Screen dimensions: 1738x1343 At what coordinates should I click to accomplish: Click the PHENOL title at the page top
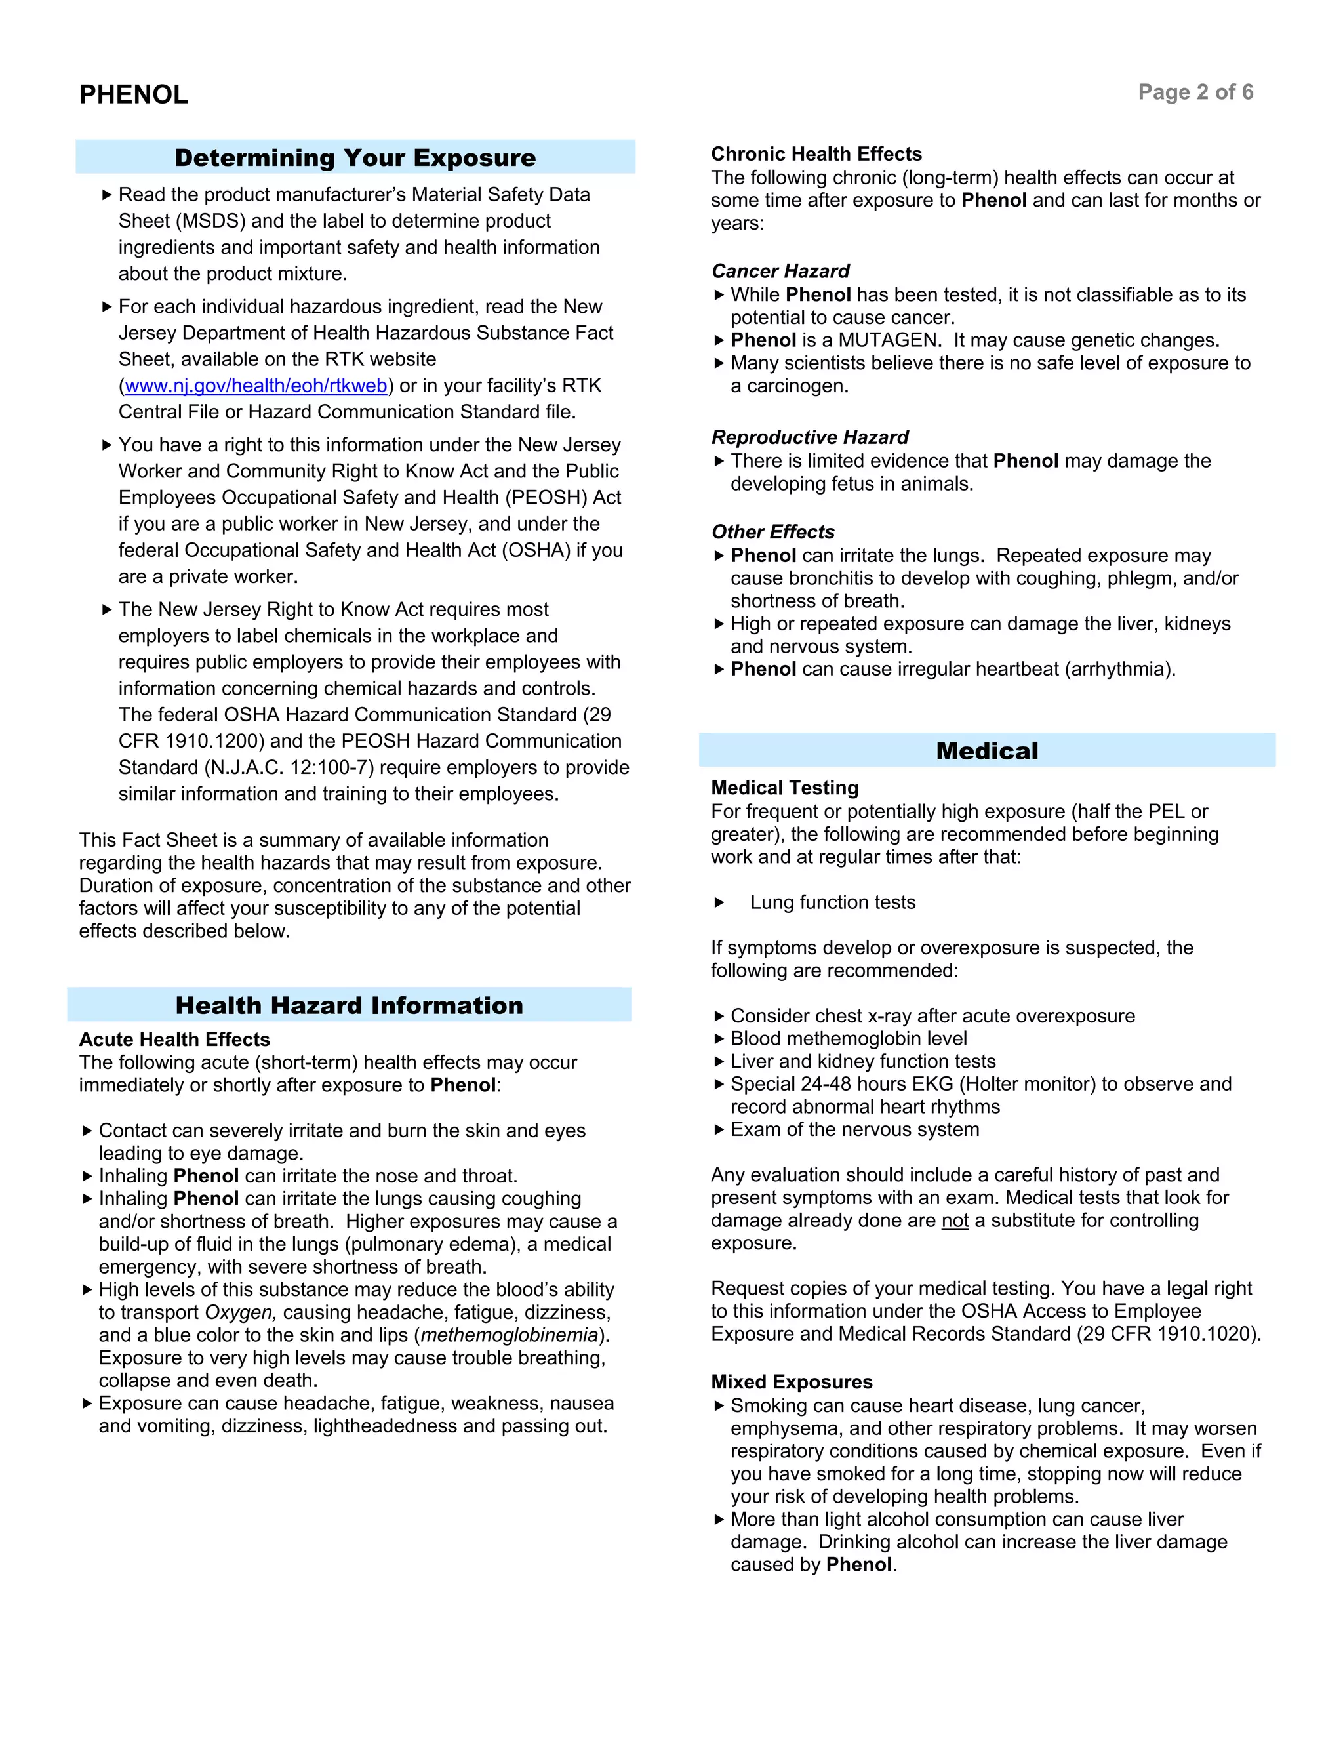pyautogui.click(x=134, y=94)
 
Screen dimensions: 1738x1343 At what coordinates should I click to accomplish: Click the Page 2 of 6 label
pyautogui.click(x=1195, y=92)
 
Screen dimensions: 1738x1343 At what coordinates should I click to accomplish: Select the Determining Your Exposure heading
pyautogui.click(x=355, y=157)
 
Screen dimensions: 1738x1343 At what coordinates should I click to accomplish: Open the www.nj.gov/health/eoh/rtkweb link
pyautogui.click(x=256, y=386)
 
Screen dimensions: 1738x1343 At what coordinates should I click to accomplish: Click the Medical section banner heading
pyautogui.click(x=986, y=750)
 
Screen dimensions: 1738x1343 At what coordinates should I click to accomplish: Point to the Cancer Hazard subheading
pyautogui.click(x=780, y=272)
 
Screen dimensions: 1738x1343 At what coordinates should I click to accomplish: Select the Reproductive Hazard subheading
pyautogui.click(x=810, y=437)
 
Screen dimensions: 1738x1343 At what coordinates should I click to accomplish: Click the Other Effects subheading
pyautogui.click(x=772, y=532)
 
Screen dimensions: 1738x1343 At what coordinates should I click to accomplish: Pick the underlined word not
pyautogui.click(x=955, y=1221)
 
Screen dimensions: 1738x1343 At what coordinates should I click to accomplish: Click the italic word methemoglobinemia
pyautogui.click(x=509, y=1335)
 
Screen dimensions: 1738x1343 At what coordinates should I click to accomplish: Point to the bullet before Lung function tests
pyautogui.click(x=719, y=902)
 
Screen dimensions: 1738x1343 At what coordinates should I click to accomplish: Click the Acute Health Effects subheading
pyautogui.click(x=174, y=1040)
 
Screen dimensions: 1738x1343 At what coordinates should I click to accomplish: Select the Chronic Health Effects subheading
pyautogui.click(x=816, y=154)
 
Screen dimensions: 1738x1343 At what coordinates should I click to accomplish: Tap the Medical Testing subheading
pyautogui.click(x=784, y=788)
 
